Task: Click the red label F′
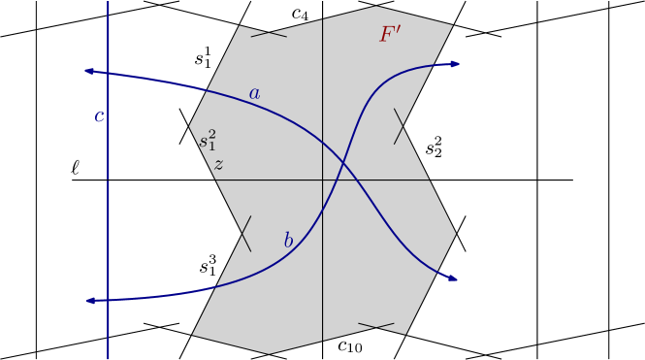pyautogui.click(x=390, y=35)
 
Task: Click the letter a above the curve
pyautogui.click(x=254, y=94)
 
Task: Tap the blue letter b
pyautogui.click(x=288, y=241)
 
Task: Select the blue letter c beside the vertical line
pyautogui.click(x=99, y=117)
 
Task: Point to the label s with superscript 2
pyautogui.click(x=208, y=141)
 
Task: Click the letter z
pyautogui.click(x=218, y=165)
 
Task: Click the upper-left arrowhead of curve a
pyautogui.click(x=87, y=70)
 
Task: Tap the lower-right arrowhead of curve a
pyautogui.click(x=453, y=278)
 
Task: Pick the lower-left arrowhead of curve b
pyautogui.click(x=88, y=301)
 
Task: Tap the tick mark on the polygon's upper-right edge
pyautogui.click(x=399, y=126)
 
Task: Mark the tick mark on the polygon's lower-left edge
pyautogui.click(x=245, y=234)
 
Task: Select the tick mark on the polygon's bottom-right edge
pyautogui.click(x=376, y=325)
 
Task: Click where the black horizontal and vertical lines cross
pyautogui.click(x=322, y=180)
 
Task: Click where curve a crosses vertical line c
pyautogui.click(x=108, y=73)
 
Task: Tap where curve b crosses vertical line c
pyautogui.click(x=108, y=300)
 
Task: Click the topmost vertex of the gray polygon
pyautogui.click(x=376, y=7)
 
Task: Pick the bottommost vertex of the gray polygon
pyautogui.click(x=269, y=354)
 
